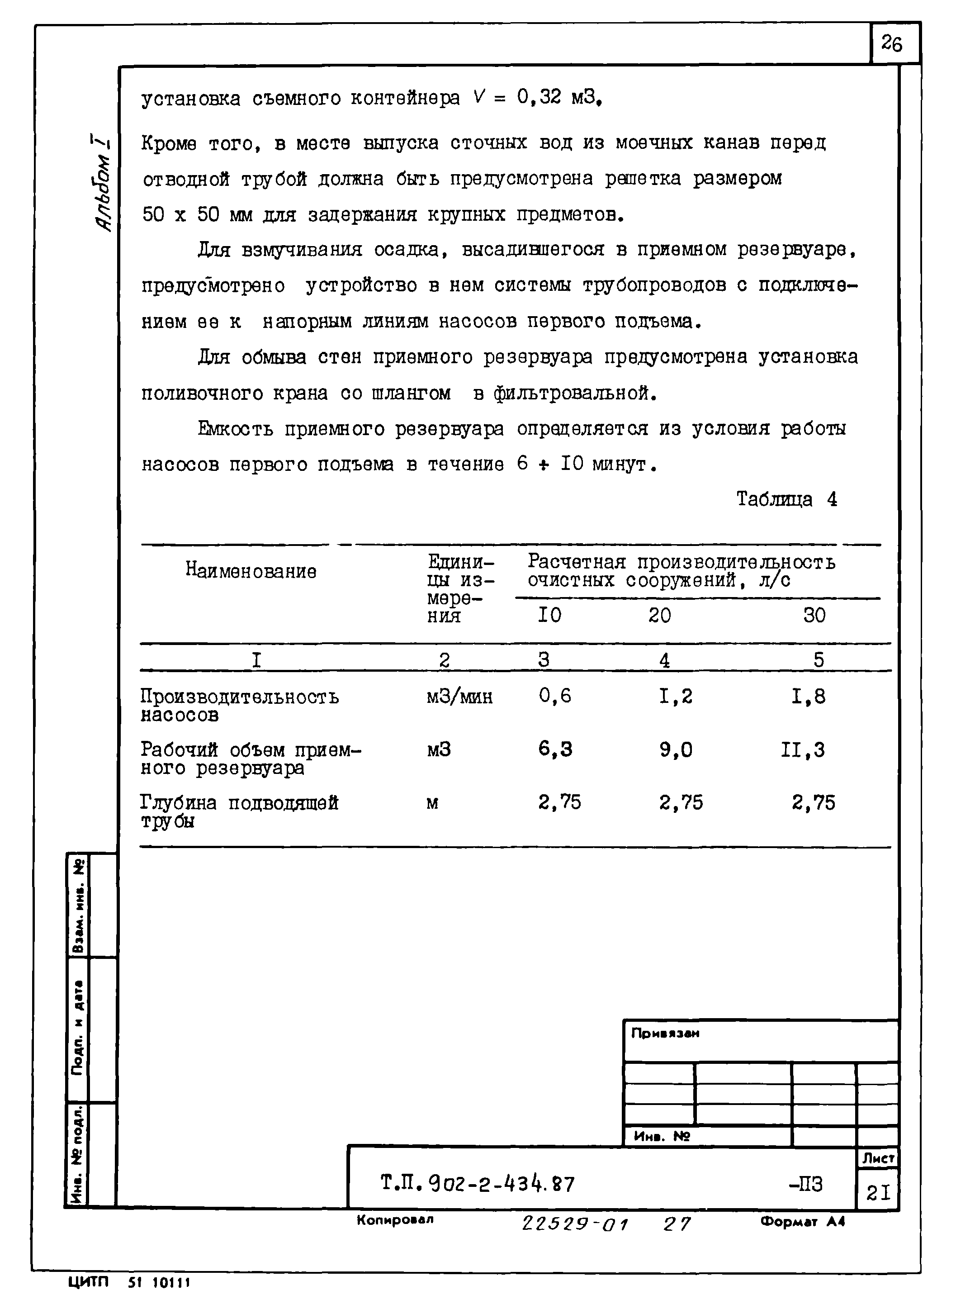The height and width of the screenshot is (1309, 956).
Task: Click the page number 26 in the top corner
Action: pos(892,43)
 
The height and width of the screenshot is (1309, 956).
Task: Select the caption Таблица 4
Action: pos(786,499)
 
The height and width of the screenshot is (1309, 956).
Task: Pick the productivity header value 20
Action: pos(659,615)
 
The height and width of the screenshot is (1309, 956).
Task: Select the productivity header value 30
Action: pos(814,615)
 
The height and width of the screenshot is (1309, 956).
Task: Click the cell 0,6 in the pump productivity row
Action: pos(554,696)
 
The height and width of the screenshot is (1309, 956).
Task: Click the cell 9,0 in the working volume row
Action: pos(675,750)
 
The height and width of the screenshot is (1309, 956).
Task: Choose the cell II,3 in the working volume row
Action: pos(802,750)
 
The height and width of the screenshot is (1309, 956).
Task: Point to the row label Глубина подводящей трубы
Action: pos(239,811)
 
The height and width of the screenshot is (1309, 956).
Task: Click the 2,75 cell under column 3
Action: pos(559,802)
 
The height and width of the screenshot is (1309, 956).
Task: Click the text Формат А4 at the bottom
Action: pos(803,1222)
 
